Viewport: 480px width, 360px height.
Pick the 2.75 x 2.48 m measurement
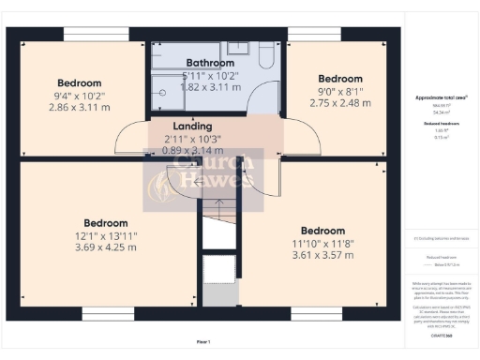(x=339, y=105)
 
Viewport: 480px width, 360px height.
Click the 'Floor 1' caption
(x=203, y=341)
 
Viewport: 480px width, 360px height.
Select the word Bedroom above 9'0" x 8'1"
(x=339, y=79)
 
